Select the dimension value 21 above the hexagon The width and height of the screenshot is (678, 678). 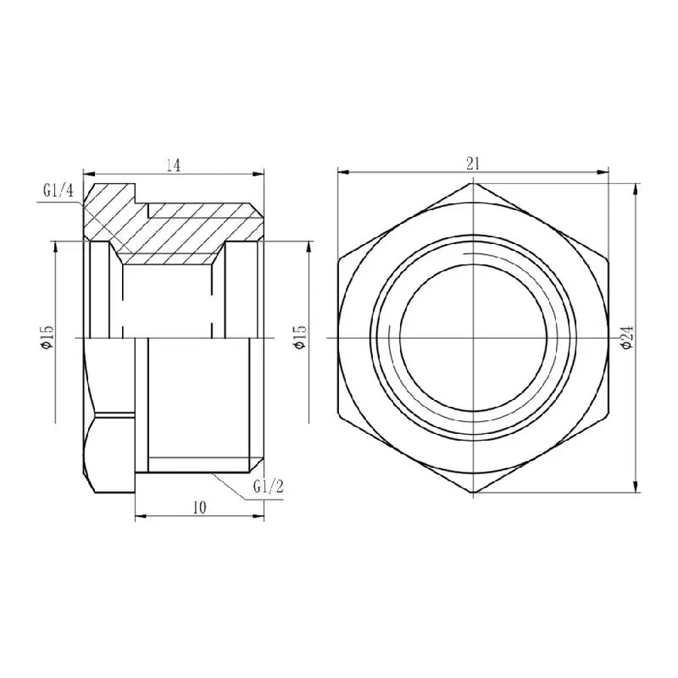[474, 162]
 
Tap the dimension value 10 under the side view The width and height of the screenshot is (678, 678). [199, 508]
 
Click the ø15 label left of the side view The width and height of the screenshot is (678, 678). [47, 337]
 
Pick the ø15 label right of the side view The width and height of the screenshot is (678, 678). [299, 337]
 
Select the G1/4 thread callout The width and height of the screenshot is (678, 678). [58, 191]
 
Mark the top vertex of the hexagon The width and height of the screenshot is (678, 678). [474, 183]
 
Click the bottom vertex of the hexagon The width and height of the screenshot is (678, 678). [474, 493]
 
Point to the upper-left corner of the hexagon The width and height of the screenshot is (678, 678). [339, 260]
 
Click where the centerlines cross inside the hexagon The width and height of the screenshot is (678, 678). [474, 337]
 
